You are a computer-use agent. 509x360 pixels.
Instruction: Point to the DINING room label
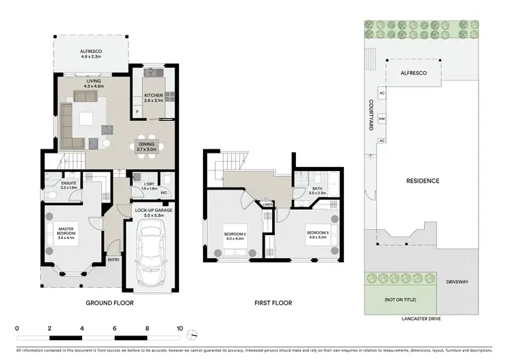click(x=147, y=144)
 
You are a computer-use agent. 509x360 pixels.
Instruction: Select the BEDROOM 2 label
click(x=234, y=235)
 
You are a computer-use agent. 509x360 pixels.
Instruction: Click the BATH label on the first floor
click(x=317, y=190)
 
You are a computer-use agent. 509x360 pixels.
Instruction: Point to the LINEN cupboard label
click(x=268, y=204)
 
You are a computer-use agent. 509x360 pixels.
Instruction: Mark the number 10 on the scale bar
click(x=179, y=328)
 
